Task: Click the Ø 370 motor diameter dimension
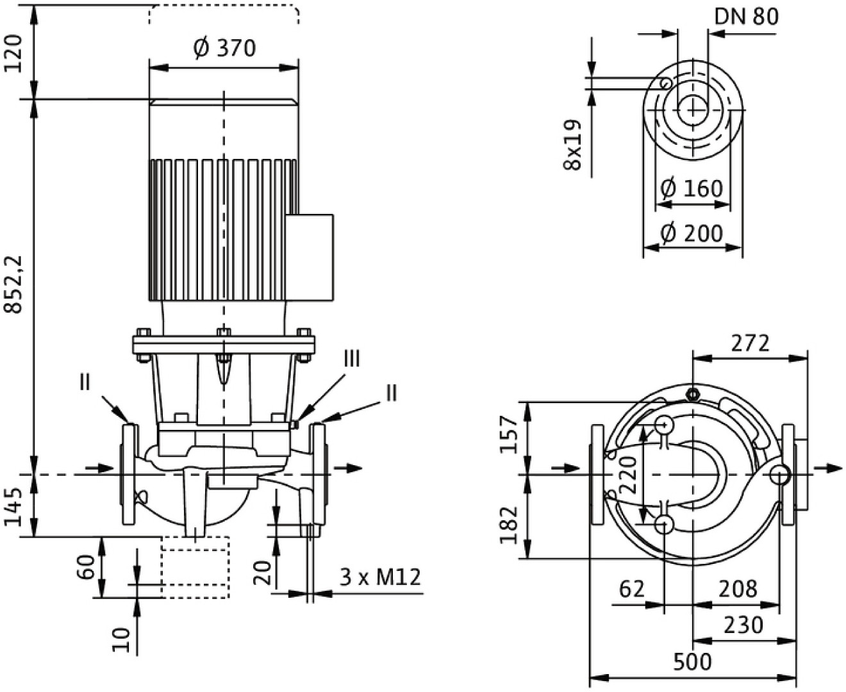coord(224,48)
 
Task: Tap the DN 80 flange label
coord(746,16)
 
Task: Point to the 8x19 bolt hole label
coord(572,145)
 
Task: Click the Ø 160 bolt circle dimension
coord(692,188)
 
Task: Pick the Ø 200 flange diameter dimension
coord(692,233)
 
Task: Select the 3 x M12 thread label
coord(380,577)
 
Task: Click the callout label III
coord(352,359)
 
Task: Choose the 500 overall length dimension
coord(692,661)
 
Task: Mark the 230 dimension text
coord(743,625)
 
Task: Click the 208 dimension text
coord(737,588)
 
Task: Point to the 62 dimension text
coord(631,588)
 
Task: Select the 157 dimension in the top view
coord(509,434)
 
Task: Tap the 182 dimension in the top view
coord(509,525)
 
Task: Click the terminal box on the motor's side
coord(310,258)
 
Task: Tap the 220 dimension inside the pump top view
coord(630,475)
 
